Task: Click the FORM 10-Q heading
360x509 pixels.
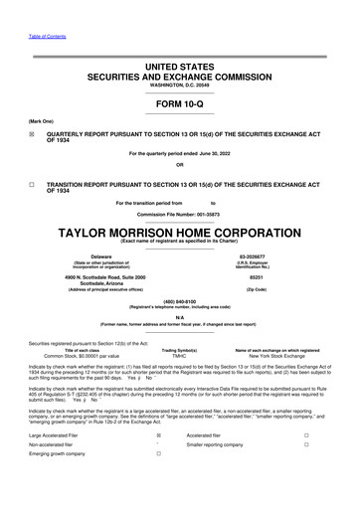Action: (x=179, y=103)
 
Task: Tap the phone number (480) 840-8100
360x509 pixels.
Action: (x=179, y=301)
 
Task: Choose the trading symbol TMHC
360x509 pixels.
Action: (x=179, y=356)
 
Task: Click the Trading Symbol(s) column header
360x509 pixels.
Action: (x=180, y=350)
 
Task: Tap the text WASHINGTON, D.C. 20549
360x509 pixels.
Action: (x=179, y=85)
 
